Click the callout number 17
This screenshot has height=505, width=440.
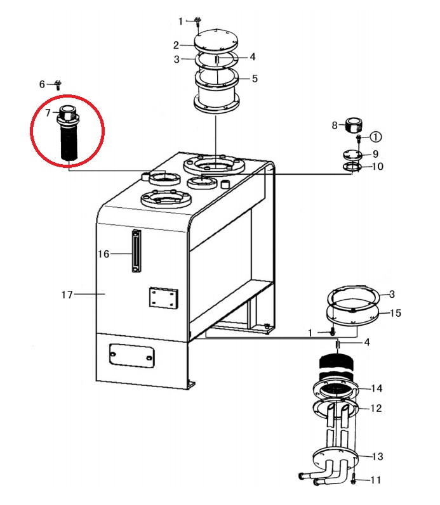tap(67, 295)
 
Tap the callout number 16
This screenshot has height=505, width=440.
tap(103, 254)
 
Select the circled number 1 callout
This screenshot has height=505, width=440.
tap(375, 137)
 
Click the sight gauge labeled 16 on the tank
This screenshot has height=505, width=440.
tap(137, 251)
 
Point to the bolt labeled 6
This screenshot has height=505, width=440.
tap(58, 85)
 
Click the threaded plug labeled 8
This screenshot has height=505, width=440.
tap(354, 125)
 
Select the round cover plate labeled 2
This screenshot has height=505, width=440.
tap(217, 41)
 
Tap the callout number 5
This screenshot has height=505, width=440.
tap(255, 79)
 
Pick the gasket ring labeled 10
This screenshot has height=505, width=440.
tap(352, 167)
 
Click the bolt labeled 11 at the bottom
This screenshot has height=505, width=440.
tap(354, 479)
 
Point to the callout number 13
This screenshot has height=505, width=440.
tap(377, 456)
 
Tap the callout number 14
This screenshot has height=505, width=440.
tap(377, 388)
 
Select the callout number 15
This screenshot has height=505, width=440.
tap(396, 313)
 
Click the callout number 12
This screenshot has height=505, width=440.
tap(376, 409)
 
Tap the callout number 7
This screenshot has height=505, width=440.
tap(48, 113)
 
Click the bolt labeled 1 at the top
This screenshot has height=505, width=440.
tap(198, 22)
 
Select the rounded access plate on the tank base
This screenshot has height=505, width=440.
tap(131, 356)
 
